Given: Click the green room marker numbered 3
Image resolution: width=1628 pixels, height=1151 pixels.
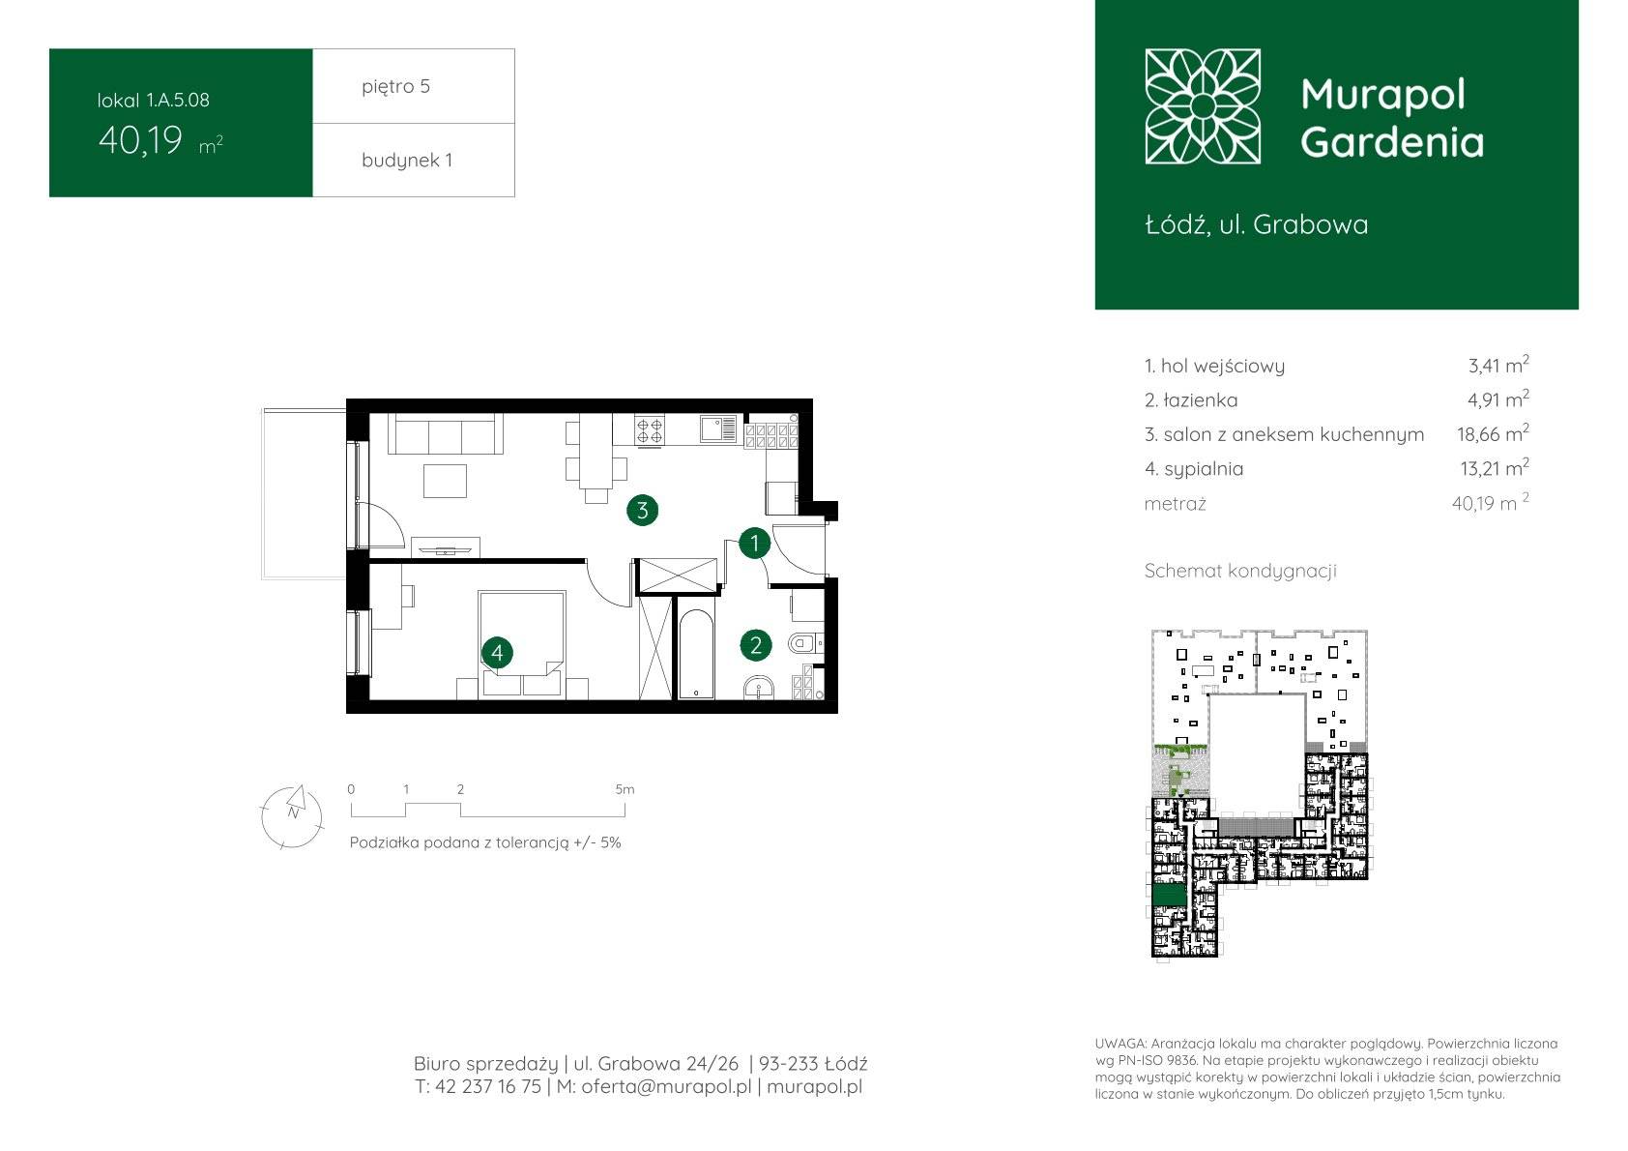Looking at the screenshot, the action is pos(642,511).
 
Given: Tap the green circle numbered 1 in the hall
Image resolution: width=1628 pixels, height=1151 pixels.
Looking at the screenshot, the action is pos(754,544).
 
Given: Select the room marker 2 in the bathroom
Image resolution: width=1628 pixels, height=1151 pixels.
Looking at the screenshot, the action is pos(756,645).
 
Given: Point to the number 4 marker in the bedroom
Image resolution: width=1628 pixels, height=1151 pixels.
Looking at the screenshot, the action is pos(497,652).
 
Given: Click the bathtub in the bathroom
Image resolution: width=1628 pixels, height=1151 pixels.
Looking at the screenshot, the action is pos(695,654).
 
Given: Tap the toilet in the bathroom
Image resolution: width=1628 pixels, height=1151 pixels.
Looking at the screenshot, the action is pos(804,643).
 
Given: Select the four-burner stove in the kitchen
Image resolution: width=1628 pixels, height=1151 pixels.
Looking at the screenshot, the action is pos(649,429).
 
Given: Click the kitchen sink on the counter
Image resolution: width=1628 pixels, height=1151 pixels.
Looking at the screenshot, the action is pos(718,428).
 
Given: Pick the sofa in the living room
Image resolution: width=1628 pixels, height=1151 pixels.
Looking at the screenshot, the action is pos(445,433).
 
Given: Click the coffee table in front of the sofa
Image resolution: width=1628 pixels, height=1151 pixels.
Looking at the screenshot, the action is pos(445,481).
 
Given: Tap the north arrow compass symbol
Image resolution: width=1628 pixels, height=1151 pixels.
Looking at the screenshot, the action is pos(292,816).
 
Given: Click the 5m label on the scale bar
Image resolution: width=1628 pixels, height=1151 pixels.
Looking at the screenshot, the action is pos(625,789).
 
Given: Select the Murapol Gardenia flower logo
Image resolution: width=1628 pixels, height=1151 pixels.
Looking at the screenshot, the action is pos(1203,106).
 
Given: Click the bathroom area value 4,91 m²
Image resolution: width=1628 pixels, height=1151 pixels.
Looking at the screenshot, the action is pos(1497,399).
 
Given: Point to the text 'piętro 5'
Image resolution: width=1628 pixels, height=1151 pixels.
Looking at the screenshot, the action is pos(396,86).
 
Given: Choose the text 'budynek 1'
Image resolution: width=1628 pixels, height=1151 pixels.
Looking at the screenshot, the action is pos(407,160).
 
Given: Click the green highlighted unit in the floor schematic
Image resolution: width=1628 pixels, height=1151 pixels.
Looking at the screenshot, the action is pos(1170,895).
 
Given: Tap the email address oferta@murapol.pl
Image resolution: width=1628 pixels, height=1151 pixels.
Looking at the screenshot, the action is pos(666,1086).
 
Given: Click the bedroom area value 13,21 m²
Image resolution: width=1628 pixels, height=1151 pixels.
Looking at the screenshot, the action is pos(1495,468).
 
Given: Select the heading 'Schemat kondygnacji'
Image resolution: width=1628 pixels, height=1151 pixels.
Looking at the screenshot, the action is pos(1240,571).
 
